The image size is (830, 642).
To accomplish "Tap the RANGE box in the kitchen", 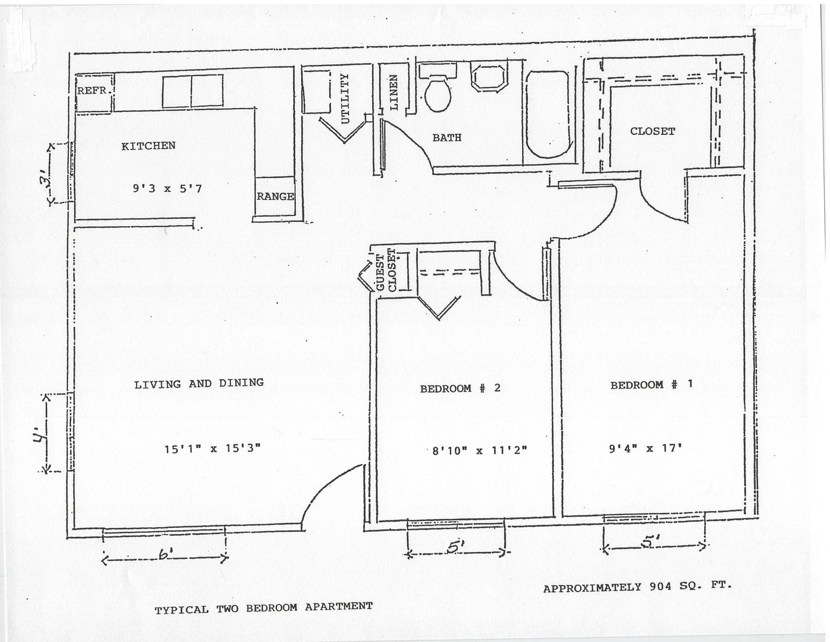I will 275,196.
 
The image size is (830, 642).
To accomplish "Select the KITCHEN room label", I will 148,146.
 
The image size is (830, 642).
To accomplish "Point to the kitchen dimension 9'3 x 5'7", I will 167,189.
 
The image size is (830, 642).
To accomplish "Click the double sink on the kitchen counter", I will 192,91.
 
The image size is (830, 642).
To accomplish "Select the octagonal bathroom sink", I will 488,78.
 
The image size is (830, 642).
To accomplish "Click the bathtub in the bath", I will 548,115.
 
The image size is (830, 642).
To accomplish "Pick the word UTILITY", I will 345,99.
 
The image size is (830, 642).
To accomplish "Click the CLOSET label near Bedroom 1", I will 652,131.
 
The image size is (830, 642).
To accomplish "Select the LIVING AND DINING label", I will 199,384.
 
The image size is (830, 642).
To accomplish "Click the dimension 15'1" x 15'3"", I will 212,448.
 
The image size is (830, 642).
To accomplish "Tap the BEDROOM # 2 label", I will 460,388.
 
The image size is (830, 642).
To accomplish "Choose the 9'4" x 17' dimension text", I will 645,448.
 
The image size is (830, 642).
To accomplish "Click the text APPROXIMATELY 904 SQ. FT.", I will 637,587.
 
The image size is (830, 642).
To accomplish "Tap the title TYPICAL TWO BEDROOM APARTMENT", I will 264,608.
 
